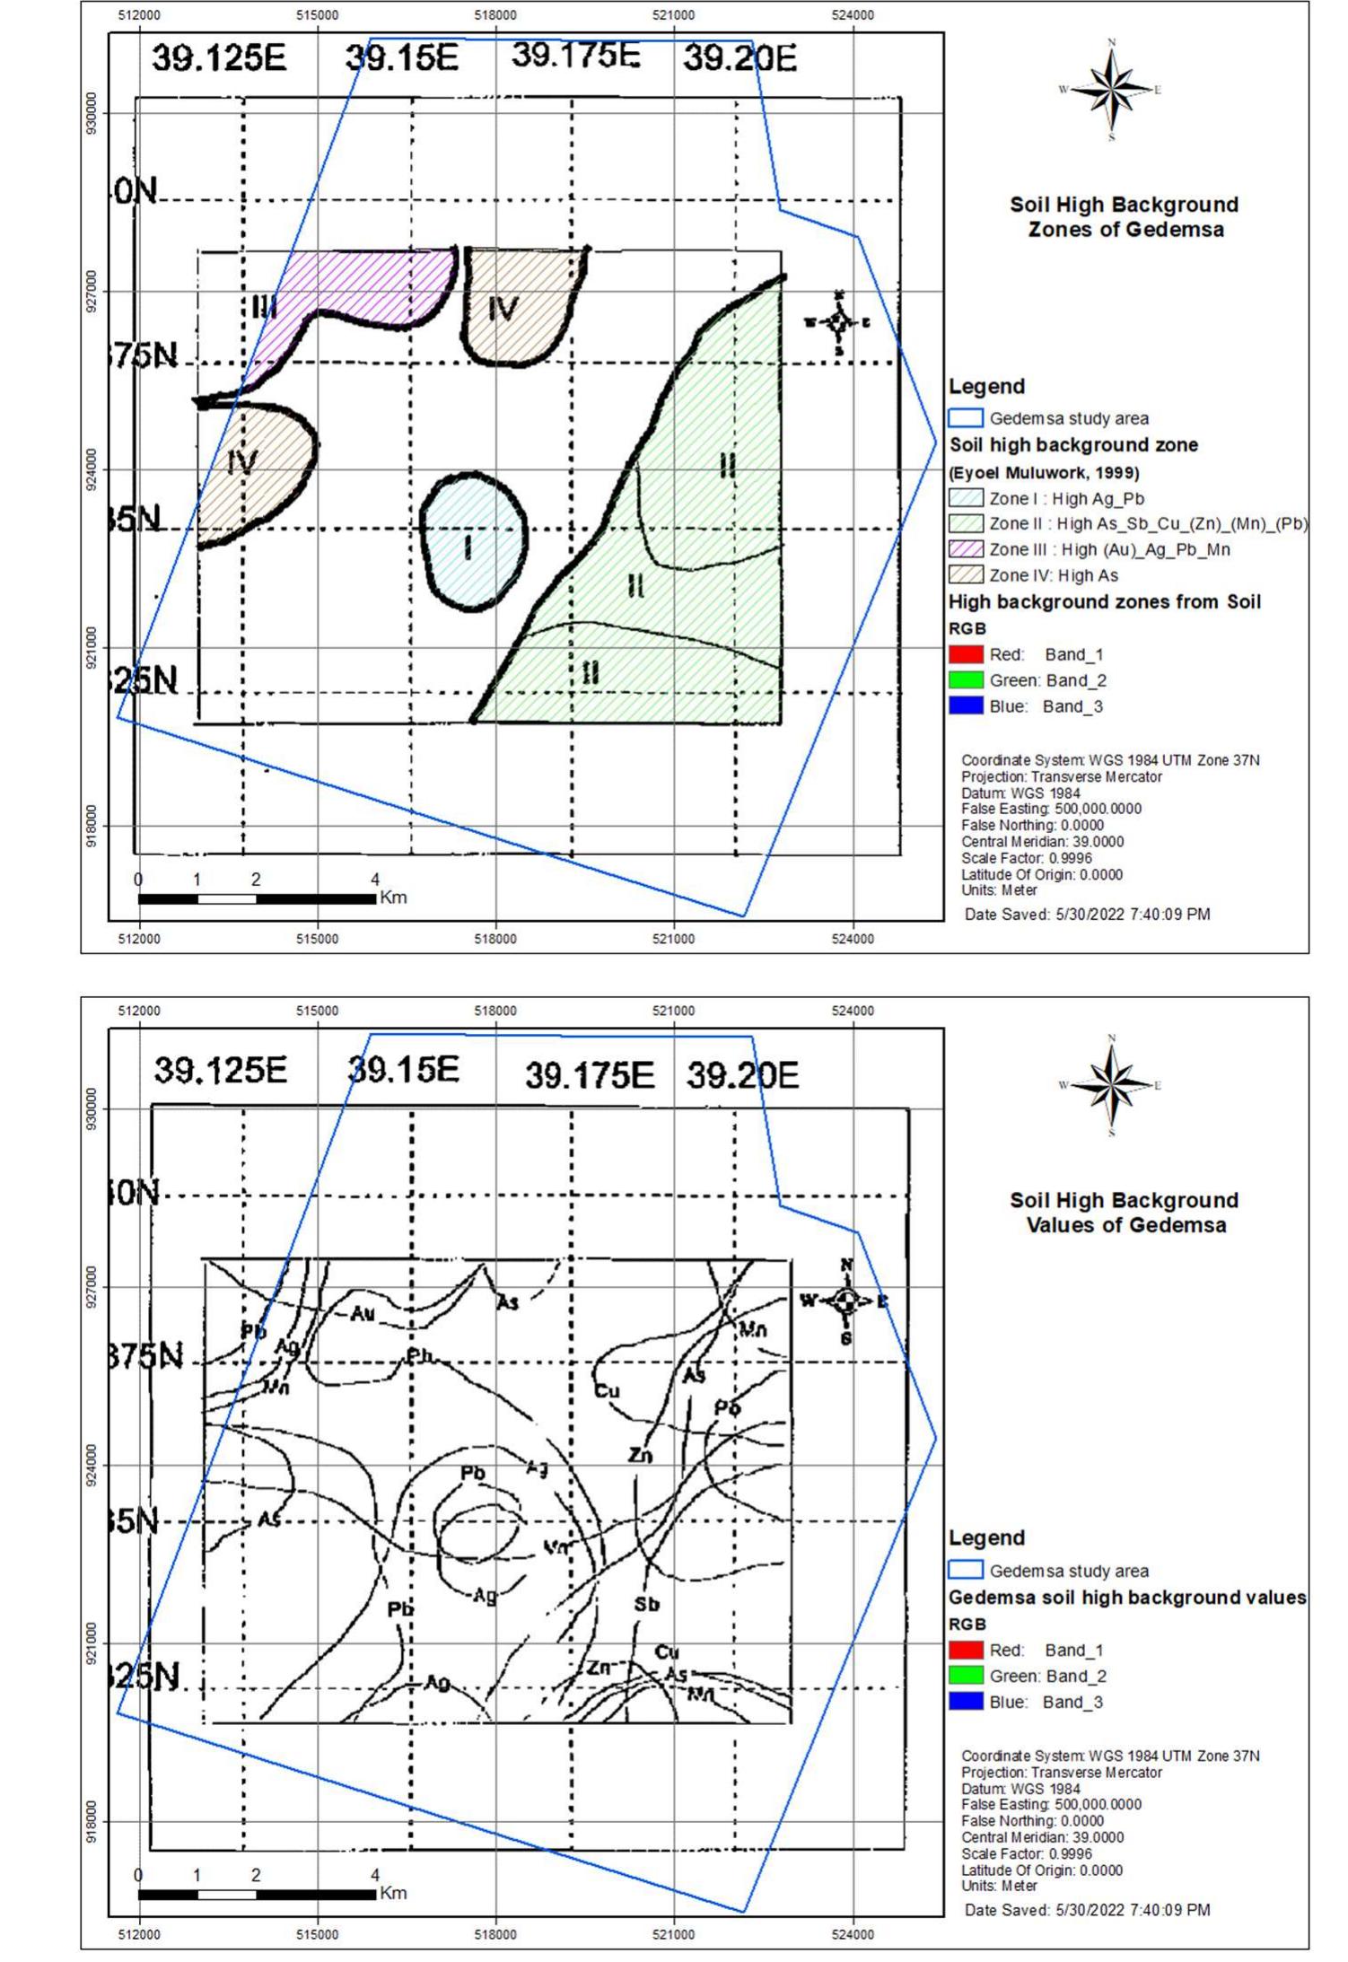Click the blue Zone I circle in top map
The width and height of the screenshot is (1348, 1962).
pos(473,542)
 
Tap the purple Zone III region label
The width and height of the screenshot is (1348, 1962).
pos(264,308)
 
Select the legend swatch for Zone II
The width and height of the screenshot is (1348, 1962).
pos(966,523)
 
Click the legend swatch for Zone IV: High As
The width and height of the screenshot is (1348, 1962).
pos(966,575)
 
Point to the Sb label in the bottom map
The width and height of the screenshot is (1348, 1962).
pos(647,1604)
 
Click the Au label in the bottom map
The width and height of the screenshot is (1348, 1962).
pos(362,1314)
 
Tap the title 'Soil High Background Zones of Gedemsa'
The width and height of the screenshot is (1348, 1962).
pos(1125,216)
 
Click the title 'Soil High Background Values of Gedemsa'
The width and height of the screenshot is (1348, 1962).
pos(1125,1213)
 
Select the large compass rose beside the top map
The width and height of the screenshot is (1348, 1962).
pos(1111,90)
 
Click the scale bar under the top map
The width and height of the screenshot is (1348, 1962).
pos(258,898)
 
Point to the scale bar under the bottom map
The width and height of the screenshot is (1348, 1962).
pos(258,1894)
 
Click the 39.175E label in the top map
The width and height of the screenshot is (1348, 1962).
pos(575,56)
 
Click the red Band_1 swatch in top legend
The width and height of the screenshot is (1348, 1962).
pos(966,654)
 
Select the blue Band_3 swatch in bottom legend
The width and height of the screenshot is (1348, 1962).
pos(966,1702)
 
